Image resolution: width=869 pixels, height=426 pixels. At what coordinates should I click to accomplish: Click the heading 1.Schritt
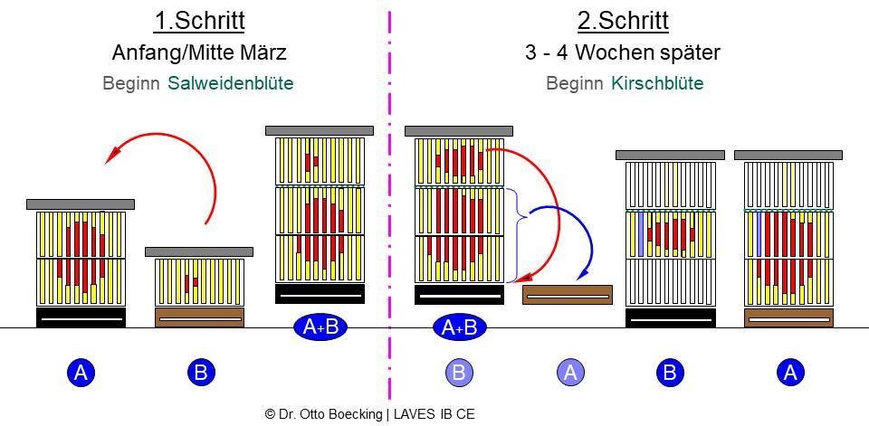point(199,21)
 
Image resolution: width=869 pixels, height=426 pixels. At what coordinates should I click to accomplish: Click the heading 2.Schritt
point(623,21)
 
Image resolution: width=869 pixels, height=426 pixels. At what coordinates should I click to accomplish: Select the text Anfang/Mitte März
point(199,53)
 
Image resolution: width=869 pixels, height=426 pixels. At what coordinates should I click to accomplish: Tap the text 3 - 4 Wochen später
point(623,53)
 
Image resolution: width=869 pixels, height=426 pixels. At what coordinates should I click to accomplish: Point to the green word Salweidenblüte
point(231,83)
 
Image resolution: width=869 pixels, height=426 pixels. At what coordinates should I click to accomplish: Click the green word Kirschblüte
point(658,83)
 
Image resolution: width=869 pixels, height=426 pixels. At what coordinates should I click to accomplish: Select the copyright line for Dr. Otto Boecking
point(369,414)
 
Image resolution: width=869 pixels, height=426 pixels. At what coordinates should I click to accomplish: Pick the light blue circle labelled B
point(460,373)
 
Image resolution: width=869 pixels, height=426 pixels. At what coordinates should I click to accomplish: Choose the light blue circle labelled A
point(571,373)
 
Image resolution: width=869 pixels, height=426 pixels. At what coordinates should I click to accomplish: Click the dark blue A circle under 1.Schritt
point(81,373)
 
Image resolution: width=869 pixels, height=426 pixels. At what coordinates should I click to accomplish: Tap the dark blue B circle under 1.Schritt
point(201,373)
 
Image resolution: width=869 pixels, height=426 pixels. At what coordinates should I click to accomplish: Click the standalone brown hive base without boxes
point(568,295)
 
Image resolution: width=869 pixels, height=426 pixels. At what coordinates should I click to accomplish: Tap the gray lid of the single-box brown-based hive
point(199,252)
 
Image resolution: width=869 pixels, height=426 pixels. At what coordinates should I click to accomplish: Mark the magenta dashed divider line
point(389,205)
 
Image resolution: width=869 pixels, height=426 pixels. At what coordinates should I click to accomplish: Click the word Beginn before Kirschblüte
point(575,83)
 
